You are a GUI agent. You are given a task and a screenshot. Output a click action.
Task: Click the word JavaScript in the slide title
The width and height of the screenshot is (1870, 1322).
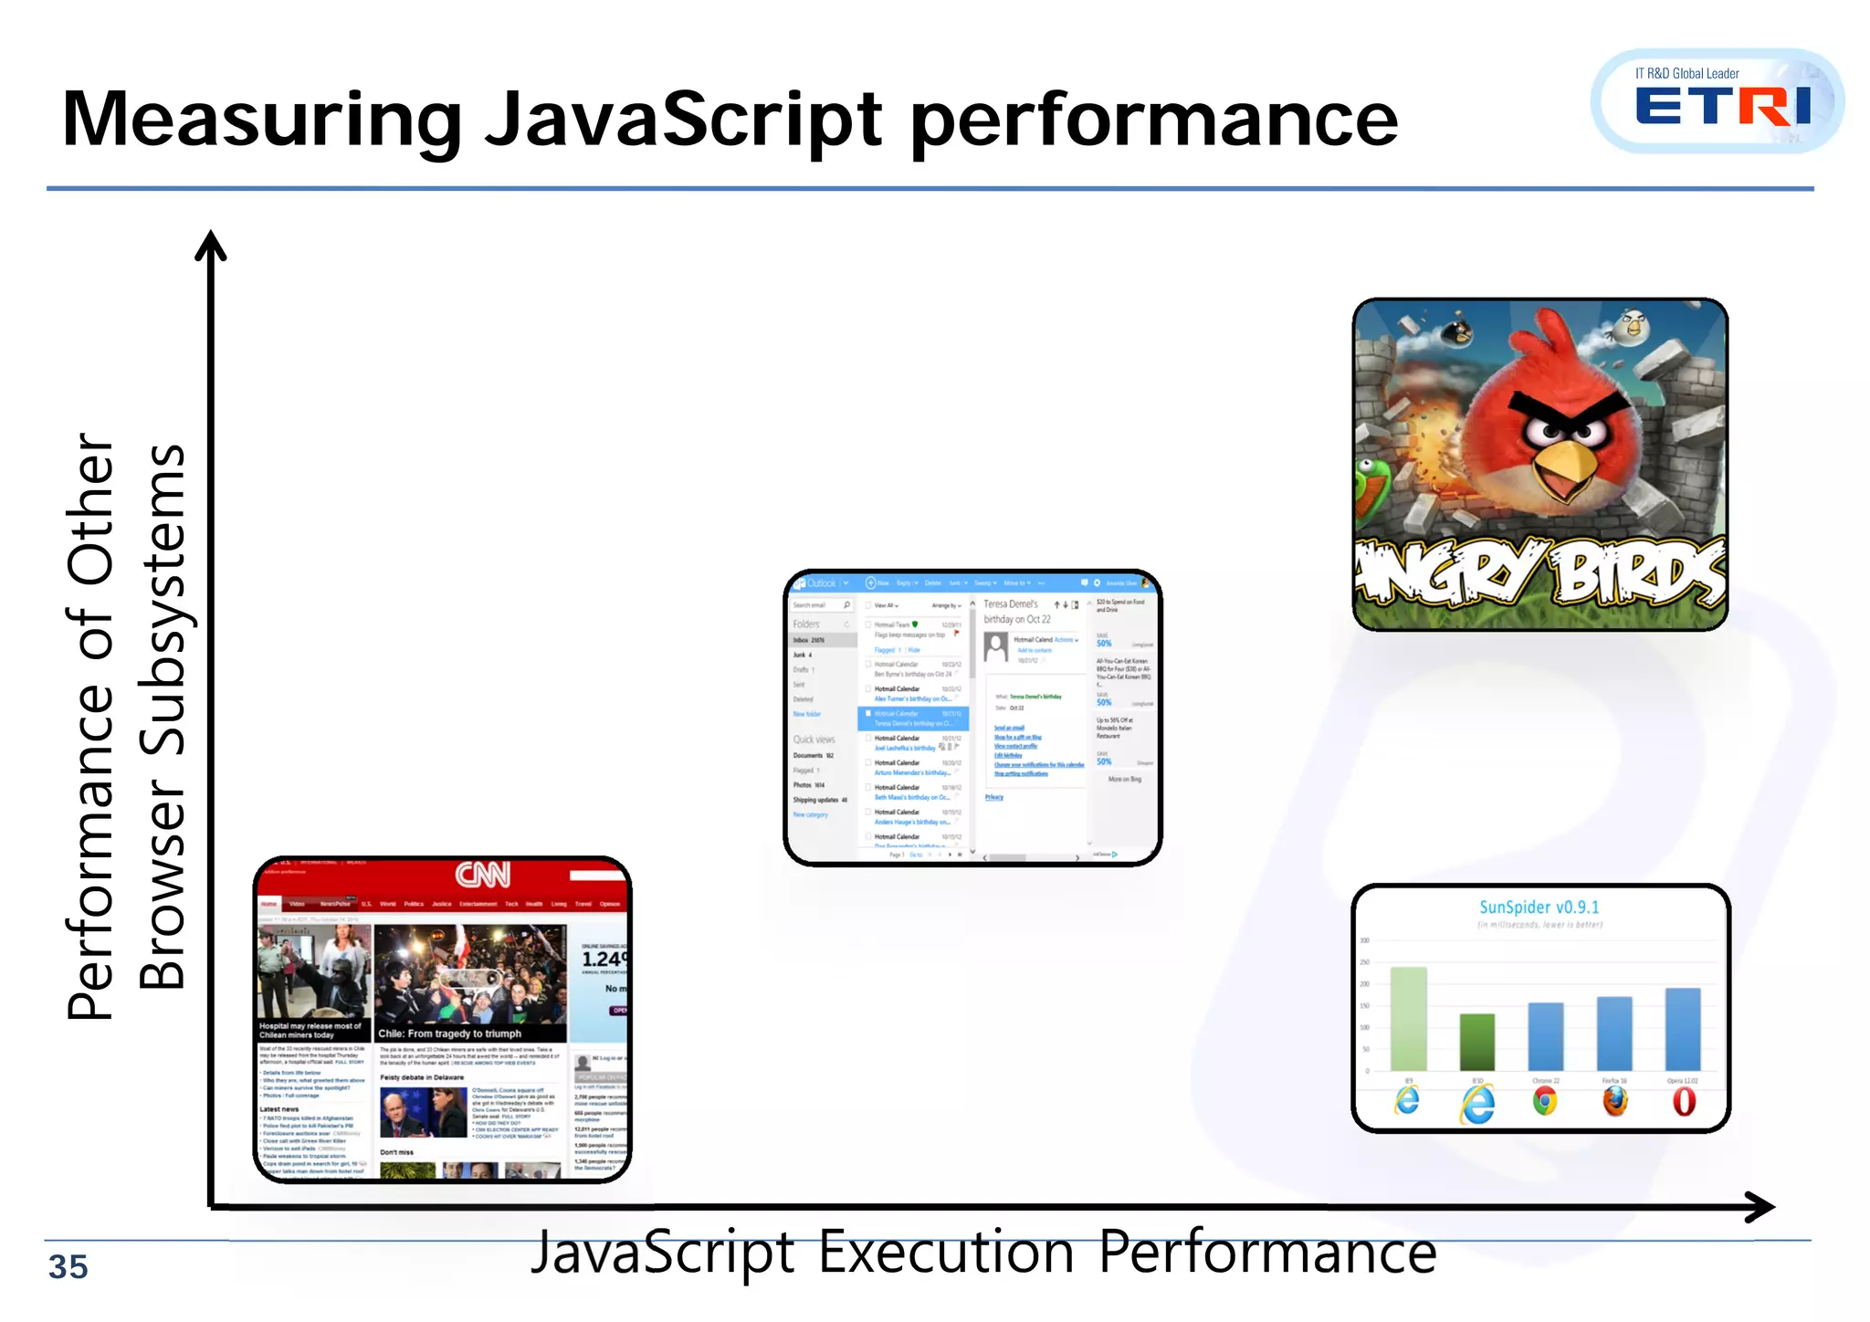(x=683, y=121)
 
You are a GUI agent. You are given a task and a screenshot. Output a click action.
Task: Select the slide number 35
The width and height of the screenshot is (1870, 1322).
(x=68, y=1267)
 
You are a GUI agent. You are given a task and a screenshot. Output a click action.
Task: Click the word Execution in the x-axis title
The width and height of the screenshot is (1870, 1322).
(x=945, y=1253)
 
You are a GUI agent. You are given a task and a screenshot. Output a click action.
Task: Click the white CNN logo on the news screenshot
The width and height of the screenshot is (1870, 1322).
(x=483, y=875)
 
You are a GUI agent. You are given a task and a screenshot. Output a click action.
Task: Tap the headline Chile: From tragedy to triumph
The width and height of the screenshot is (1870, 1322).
(x=450, y=1033)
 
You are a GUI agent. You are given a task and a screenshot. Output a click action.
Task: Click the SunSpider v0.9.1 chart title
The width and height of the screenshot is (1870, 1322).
(x=1539, y=907)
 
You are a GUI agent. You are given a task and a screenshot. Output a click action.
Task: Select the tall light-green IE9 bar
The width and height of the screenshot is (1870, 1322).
(x=1408, y=1018)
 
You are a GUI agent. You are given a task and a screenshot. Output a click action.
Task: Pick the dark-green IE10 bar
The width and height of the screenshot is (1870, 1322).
(x=1476, y=1042)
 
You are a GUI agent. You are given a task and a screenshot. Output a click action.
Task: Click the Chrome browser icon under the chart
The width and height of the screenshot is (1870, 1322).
(x=1545, y=1102)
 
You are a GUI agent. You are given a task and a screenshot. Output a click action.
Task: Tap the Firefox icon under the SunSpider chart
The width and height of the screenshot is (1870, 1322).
(x=1614, y=1101)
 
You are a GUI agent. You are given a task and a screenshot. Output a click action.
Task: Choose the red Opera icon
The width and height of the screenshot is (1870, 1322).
(x=1684, y=1102)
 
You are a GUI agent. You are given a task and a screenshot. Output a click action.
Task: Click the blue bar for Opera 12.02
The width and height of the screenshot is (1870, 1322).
(x=1683, y=1029)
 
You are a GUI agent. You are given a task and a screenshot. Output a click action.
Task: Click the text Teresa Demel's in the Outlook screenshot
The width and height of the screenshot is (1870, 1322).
(x=1011, y=603)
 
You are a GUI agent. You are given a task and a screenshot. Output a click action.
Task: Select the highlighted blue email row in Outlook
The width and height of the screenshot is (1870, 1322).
(x=913, y=719)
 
